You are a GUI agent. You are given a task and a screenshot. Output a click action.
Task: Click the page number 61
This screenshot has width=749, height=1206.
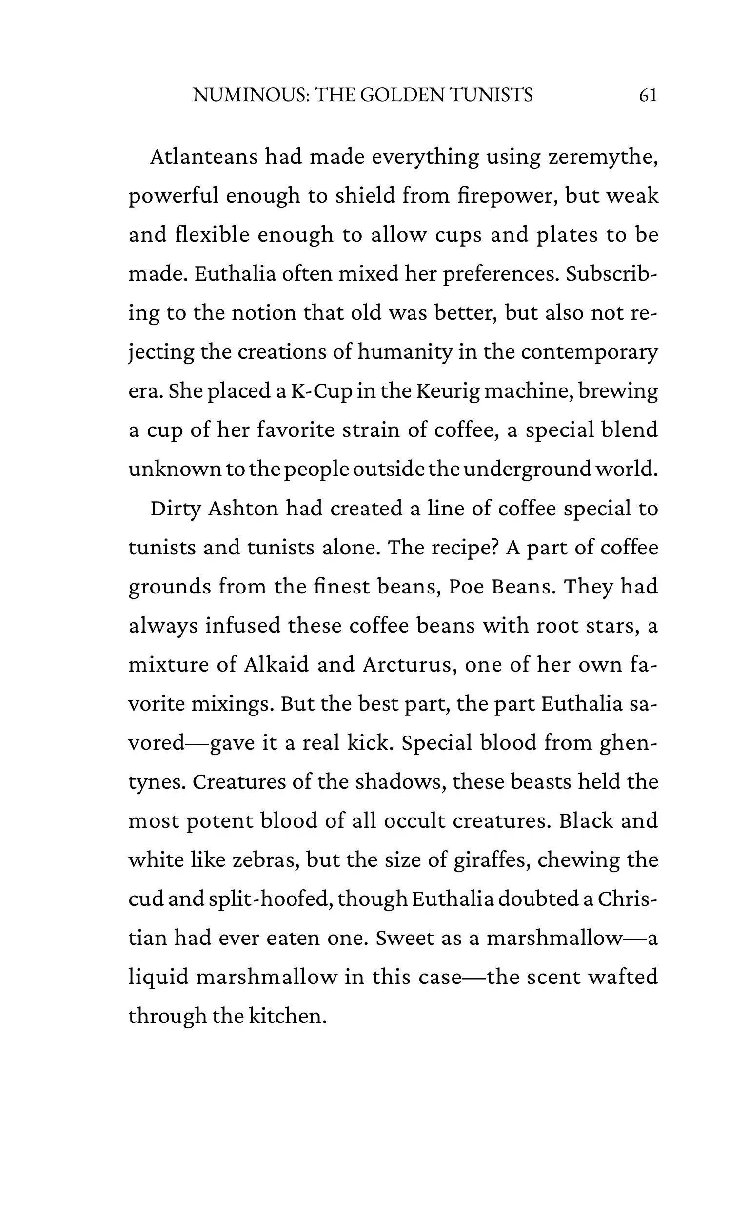648,95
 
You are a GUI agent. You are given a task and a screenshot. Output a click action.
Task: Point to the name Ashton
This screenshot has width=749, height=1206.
243,509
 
